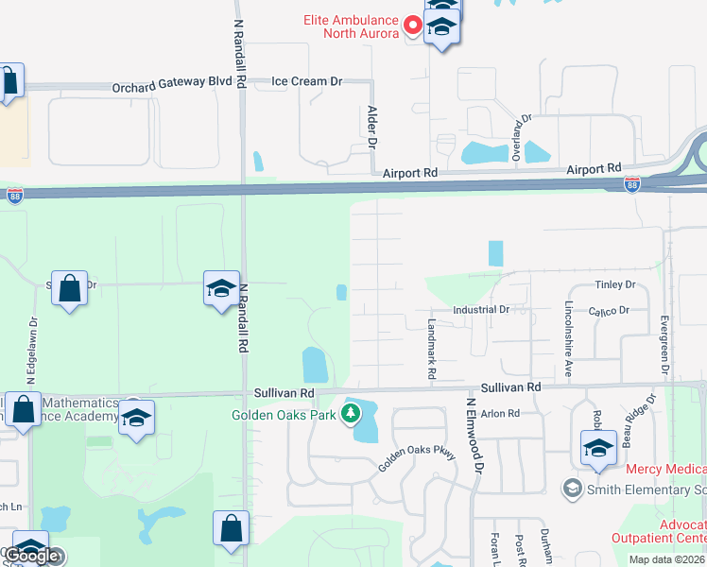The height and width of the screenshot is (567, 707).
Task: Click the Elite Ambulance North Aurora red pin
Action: click(412, 24)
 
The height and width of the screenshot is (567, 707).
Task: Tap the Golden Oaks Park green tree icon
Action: click(351, 413)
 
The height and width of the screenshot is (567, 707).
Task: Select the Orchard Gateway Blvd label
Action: click(172, 82)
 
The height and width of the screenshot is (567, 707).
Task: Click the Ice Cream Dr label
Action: click(306, 82)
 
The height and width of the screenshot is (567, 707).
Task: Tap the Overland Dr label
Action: click(517, 137)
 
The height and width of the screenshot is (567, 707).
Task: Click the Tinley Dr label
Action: click(615, 284)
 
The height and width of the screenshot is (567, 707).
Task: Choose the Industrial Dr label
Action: click(481, 309)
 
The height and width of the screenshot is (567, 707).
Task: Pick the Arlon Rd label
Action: click(501, 414)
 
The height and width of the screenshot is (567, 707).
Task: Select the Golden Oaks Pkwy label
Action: click(417, 461)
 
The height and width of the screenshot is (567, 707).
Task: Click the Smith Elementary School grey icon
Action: click(571, 489)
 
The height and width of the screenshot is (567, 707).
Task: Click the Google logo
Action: click(32, 556)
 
